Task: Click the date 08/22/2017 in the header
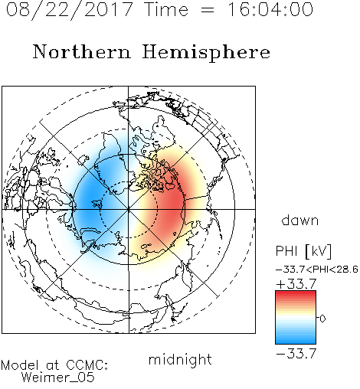pyautogui.click(x=70, y=10)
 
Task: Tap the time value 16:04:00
pyautogui.click(x=270, y=9)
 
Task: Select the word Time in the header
pyautogui.click(x=166, y=9)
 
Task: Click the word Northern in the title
pyautogui.click(x=82, y=51)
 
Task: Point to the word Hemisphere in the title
pyautogui.click(x=206, y=53)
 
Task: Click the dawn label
pyautogui.click(x=300, y=220)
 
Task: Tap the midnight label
pyautogui.click(x=180, y=359)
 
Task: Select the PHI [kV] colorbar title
pyautogui.click(x=303, y=251)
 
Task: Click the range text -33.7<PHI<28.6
pyautogui.click(x=317, y=270)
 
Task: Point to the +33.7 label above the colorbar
pyautogui.click(x=296, y=283)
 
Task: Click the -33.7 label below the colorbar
pyautogui.click(x=296, y=354)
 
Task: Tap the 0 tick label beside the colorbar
pyautogui.click(x=322, y=319)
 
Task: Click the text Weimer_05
pyautogui.click(x=58, y=378)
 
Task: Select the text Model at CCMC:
pyautogui.click(x=54, y=365)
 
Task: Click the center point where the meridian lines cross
pyautogui.click(x=129, y=210)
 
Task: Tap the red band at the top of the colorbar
pyautogui.click(x=296, y=295)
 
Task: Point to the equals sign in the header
pyautogui.click(x=208, y=10)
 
